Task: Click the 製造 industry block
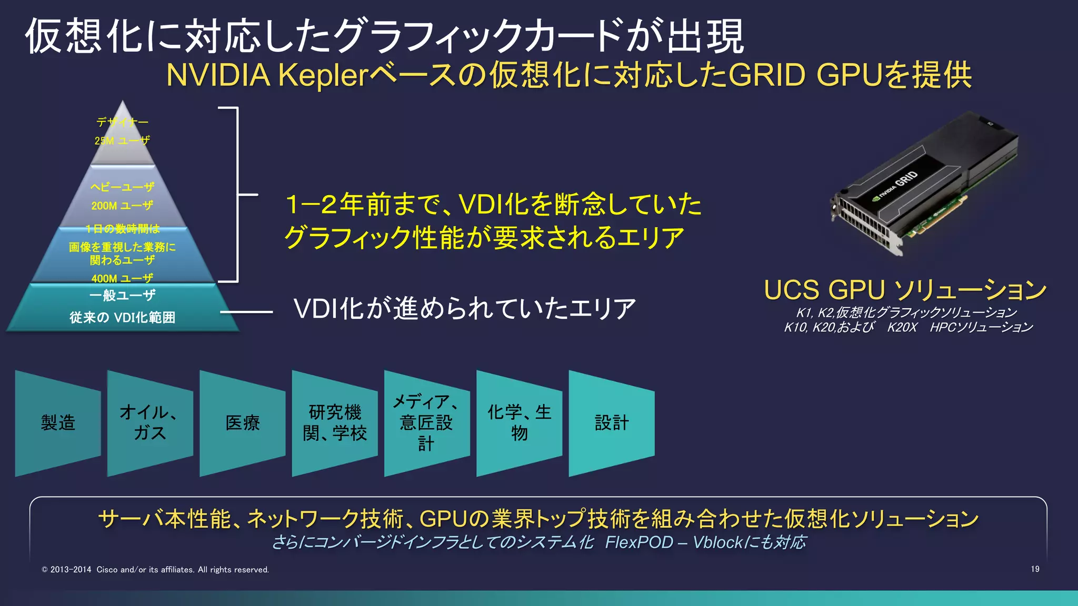[x=58, y=423]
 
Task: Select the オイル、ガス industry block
[x=150, y=422]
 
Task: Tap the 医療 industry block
[x=243, y=423]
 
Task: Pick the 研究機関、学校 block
[x=335, y=423]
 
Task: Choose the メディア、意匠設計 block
[x=426, y=423]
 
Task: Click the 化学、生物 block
[x=519, y=423]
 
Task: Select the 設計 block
[x=612, y=423]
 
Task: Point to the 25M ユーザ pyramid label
[x=122, y=140]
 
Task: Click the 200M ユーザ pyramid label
[x=122, y=206]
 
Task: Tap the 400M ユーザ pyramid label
[x=122, y=278]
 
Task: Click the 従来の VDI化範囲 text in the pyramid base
[x=122, y=317]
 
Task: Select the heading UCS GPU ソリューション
[x=905, y=290]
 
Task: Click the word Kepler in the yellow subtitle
[x=322, y=75]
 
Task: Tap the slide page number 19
[x=1035, y=569]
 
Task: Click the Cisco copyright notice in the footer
[x=155, y=570]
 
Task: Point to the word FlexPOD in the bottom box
[x=639, y=542]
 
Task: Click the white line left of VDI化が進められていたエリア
[x=246, y=312]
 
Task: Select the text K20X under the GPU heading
[x=902, y=327]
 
